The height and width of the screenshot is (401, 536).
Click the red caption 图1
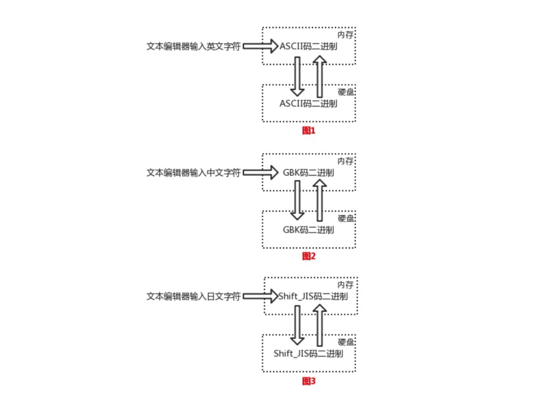pyautogui.click(x=309, y=131)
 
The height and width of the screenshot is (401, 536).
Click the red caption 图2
pyautogui.click(x=309, y=256)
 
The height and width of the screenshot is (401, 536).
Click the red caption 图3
pyautogui.click(x=309, y=381)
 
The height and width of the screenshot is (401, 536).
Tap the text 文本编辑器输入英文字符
pyautogui.click(x=193, y=47)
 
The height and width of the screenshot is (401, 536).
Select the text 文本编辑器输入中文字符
pyautogui.click(x=193, y=173)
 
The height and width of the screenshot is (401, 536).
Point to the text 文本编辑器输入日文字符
pyautogui.click(x=193, y=297)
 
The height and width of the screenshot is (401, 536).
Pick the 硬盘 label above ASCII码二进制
pyautogui.click(x=346, y=92)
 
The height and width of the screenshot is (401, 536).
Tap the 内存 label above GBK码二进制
pyautogui.click(x=346, y=161)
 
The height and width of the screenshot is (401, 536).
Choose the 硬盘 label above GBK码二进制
pyautogui.click(x=346, y=218)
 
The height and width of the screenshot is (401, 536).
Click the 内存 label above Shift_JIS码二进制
pyautogui.click(x=346, y=285)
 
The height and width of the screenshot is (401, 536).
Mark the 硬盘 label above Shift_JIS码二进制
pyautogui.click(x=346, y=342)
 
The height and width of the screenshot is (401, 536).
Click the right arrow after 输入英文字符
pyautogui.click(x=261, y=47)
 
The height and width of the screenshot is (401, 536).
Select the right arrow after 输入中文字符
pyautogui.click(x=261, y=173)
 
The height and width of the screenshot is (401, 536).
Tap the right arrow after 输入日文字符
pyautogui.click(x=261, y=297)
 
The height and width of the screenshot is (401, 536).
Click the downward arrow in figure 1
pyautogui.click(x=297, y=76)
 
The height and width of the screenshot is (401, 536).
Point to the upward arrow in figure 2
pyautogui.click(x=319, y=201)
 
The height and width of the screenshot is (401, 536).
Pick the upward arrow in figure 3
pyautogui.click(x=319, y=325)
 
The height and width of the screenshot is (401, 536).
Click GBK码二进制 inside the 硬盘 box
pyautogui.click(x=308, y=230)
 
